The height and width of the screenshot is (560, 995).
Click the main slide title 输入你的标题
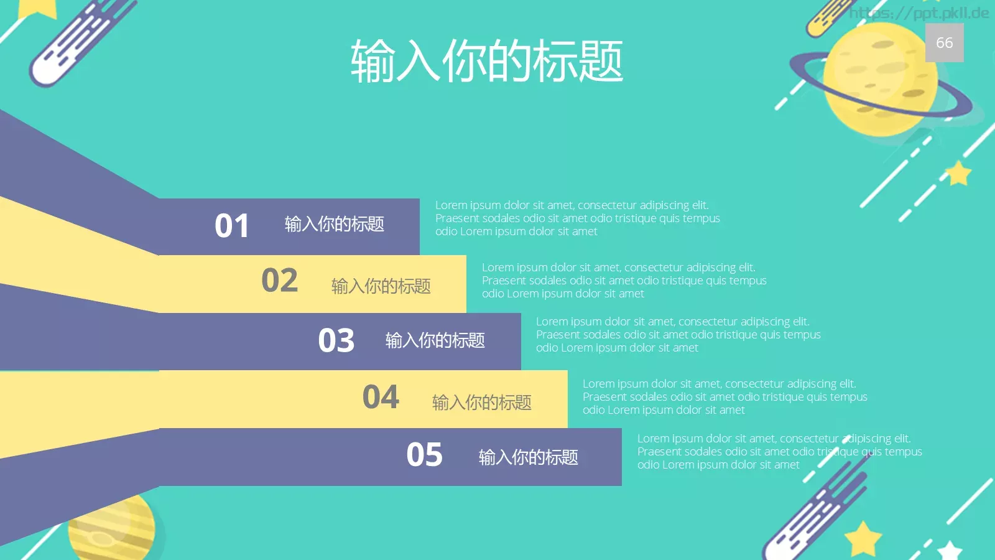pos(486,61)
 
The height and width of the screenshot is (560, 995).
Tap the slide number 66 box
pos(944,42)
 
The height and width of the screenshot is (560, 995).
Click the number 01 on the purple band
pos(232,226)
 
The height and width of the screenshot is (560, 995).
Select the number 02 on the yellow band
pos(279,281)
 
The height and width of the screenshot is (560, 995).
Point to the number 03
pos(336,340)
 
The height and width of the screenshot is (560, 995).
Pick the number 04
pos(381,397)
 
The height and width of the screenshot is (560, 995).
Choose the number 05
pos(424,455)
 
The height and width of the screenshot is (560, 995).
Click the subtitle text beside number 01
pos(334,224)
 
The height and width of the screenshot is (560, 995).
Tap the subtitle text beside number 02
pos(381,286)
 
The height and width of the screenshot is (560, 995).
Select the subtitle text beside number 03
pos(435,340)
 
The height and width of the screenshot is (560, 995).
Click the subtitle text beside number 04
pos(481,403)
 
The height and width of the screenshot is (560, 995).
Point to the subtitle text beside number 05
pos(528,457)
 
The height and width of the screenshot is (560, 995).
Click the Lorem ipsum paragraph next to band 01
pos(577,218)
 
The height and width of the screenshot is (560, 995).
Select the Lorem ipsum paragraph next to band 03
pos(678,335)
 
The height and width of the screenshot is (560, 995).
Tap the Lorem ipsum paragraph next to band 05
pos(779,452)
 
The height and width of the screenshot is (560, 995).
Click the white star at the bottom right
pos(950,551)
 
